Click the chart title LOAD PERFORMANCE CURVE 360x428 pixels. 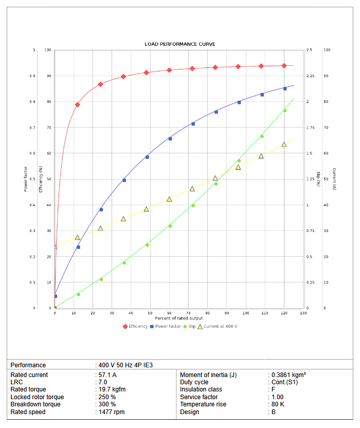tap(179, 44)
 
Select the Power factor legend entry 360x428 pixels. tap(168, 326)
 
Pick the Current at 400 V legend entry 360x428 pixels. tap(220, 326)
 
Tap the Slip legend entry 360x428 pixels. tap(192, 326)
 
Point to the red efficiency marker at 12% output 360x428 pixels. tap(78, 104)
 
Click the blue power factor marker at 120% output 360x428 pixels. tap(285, 88)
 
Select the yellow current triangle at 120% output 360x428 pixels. tap(284, 145)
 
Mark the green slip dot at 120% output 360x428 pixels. tap(285, 111)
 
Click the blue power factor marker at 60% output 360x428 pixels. tap(170, 138)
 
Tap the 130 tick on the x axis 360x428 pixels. tap(303, 313)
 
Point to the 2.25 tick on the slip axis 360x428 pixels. tap(311, 76)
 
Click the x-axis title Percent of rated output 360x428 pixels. tap(179, 318)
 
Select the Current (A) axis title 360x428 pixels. tap(334, 180)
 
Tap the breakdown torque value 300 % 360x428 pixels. tap(107, 404)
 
